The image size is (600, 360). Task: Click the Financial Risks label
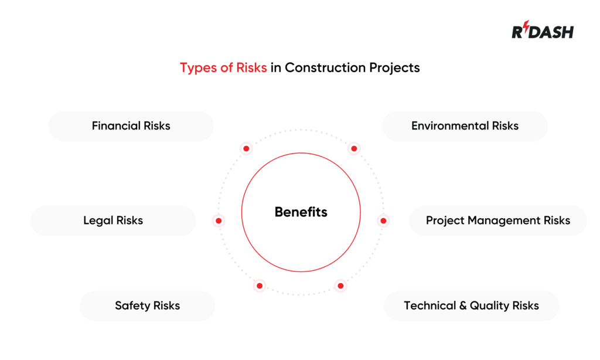[x=131, y=125]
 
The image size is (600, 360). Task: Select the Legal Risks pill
[x=113, y=220]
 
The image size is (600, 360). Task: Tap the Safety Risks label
[x=147, y=305]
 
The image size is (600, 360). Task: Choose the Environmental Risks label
[x=465, y=125]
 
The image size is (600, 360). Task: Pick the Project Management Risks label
[x=497, y=220]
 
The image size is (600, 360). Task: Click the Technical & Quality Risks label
[x=471, y=305]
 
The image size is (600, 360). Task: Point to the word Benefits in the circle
[x=301, y=212]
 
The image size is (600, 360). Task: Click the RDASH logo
[x=543, y=32]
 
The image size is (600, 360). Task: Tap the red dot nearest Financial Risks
[x=246, y=149]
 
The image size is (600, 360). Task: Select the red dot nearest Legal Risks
[x=219, y=221]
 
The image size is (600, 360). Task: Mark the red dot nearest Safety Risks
[x=260, y=286]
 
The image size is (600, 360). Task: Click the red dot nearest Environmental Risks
[x=354, y=149]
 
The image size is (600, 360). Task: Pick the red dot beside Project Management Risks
[x=383, y=221]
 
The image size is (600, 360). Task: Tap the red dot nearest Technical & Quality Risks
[x=340, y=286]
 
